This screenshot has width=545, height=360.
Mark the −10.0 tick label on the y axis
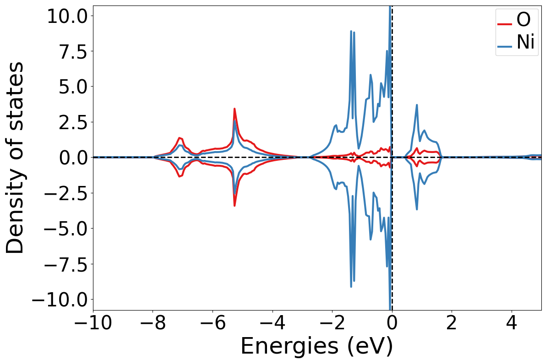(62, 300)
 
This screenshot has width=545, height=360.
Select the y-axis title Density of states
(16, 158)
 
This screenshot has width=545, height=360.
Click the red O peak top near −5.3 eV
(234, 109)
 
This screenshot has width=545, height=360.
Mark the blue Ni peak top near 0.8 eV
(417, 105)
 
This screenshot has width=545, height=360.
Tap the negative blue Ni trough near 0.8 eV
(417, 209)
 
